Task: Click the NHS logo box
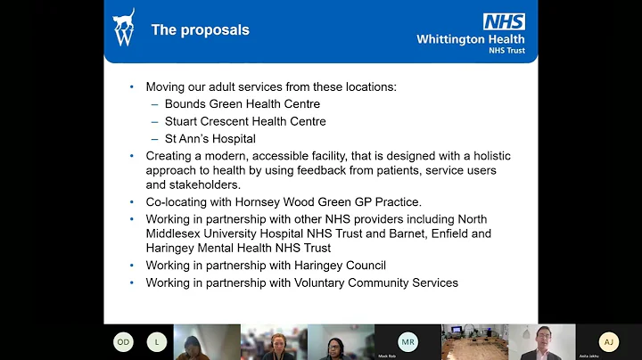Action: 504,21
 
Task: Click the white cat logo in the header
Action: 125,29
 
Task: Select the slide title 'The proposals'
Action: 200,29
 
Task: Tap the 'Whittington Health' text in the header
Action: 471,38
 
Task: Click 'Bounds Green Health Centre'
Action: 243,104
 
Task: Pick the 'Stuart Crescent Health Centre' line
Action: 245,121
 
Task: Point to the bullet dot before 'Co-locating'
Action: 132,202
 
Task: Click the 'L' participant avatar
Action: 158,341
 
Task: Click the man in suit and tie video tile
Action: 541,341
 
